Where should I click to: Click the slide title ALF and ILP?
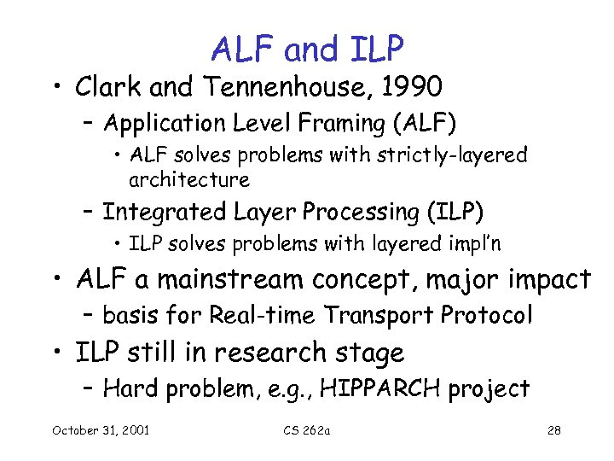(307, 50)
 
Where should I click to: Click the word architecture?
(188, 180)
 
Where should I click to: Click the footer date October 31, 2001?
(100, 429)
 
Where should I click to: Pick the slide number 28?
(553, 429)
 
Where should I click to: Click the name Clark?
(107, 87)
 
